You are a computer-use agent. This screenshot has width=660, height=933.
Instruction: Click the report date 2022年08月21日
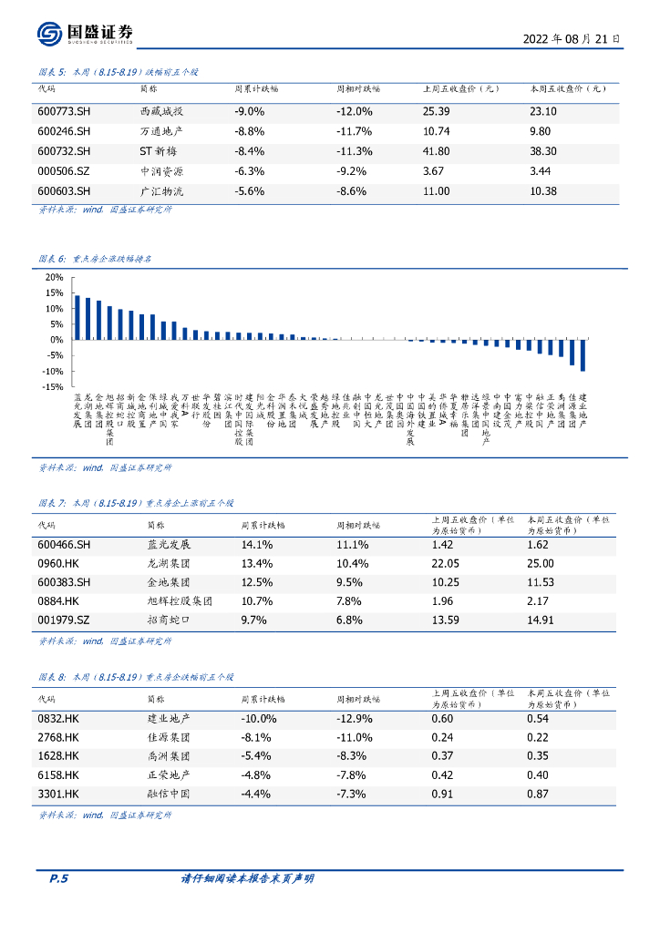click(572, 39)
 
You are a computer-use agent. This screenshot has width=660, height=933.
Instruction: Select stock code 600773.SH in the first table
click(64, 111)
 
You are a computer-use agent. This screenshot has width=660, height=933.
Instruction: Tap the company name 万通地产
click(161, 131)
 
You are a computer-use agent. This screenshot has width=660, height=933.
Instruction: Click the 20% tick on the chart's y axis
click(54, 277)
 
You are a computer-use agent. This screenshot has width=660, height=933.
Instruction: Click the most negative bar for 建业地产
click(583, 354)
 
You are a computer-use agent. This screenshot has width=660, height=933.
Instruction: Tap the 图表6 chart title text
click(95, 259)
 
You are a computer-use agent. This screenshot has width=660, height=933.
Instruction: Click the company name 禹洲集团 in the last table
click(169, 756)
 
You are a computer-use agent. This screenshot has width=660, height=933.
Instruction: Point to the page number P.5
click(57, 878)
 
